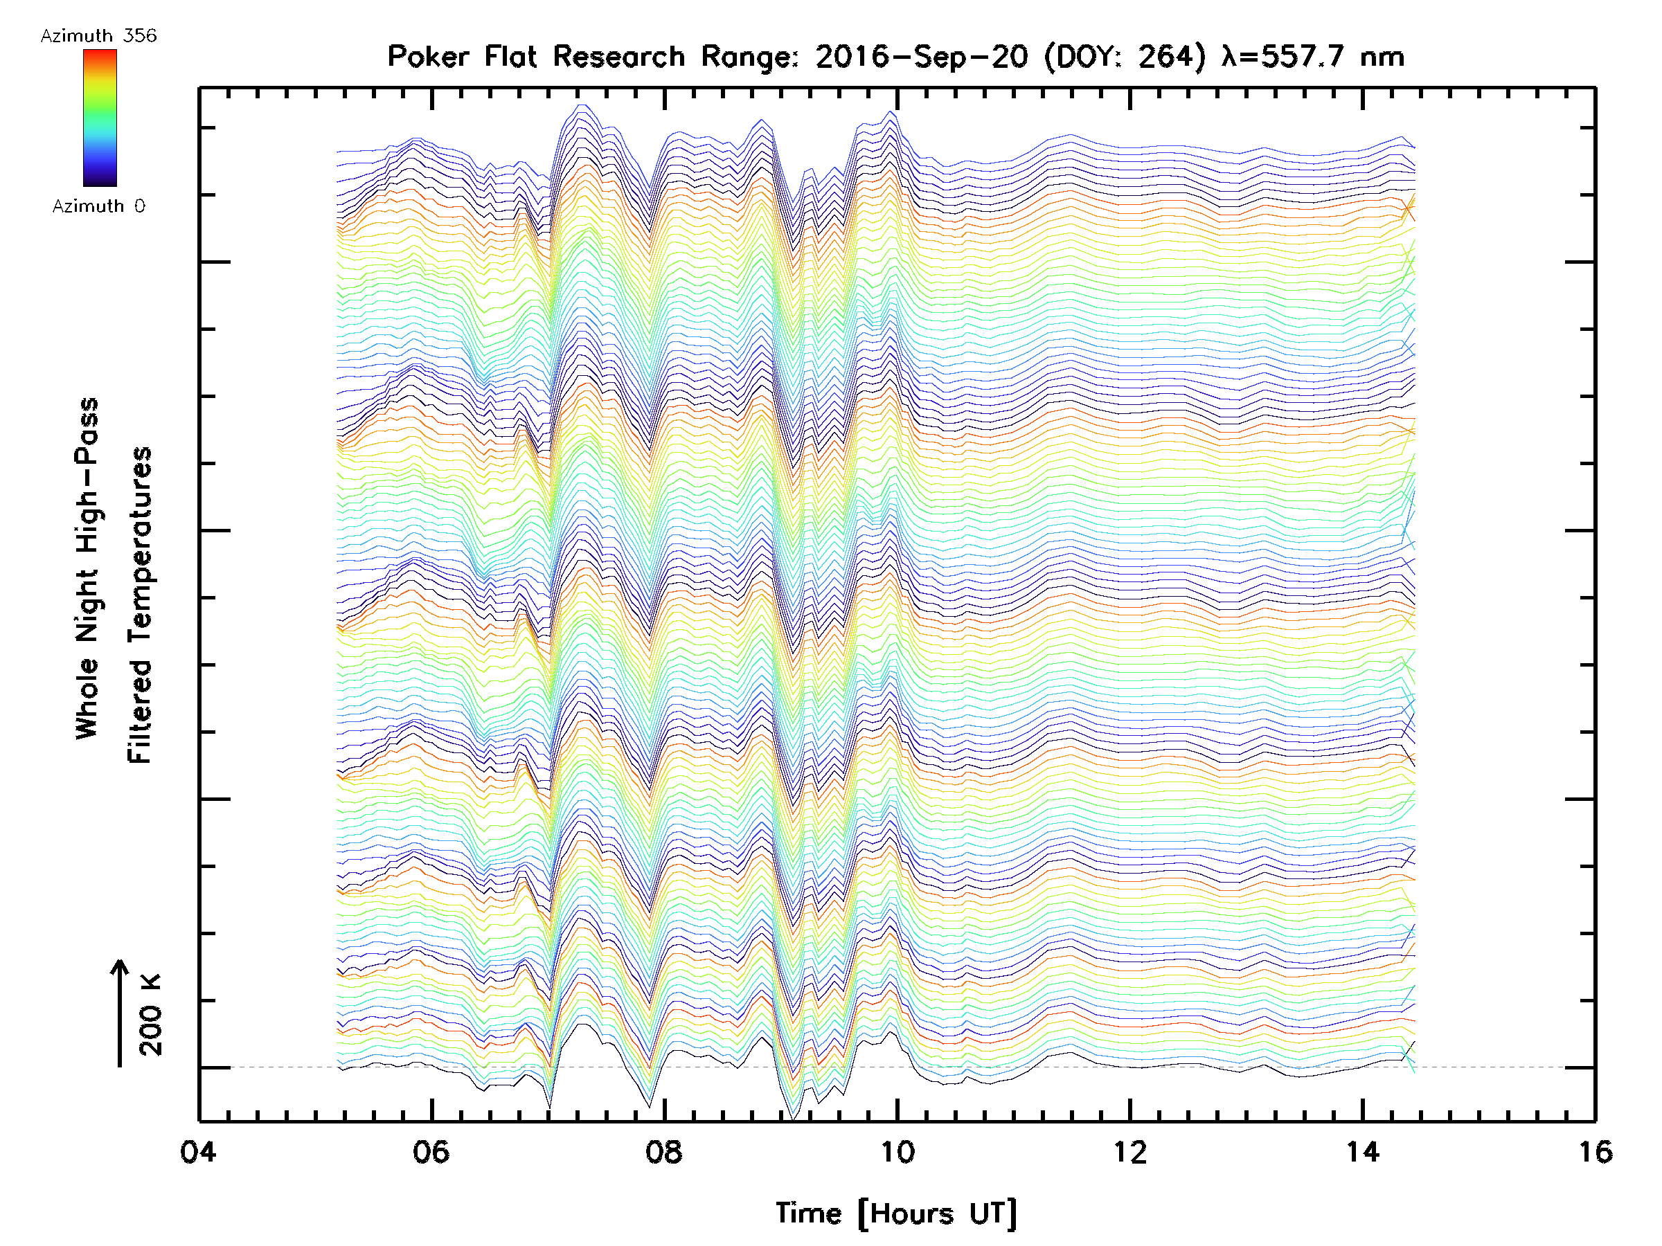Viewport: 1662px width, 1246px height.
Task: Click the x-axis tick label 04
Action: [x=198, y=1152]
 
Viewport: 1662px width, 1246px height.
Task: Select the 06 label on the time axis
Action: [x=431, y=1152]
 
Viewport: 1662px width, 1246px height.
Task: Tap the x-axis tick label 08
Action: [x=664, y=1152]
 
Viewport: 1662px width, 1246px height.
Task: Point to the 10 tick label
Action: [x=897, y=1152]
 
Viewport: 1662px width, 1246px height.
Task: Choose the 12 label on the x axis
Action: [x=1130, y=1152]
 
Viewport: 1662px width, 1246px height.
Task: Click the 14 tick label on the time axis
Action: [x=1363, y=1152]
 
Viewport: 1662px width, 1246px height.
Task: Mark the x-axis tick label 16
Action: [x=1595, y=1152]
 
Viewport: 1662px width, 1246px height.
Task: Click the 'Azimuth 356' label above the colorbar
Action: [x=98, y=36]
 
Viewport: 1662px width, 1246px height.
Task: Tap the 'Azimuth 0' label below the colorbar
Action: [x=98, y=206]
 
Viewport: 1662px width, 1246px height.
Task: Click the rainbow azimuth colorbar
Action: [x=100, y=118]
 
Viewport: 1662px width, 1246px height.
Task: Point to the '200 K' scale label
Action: [x=151, y=1015]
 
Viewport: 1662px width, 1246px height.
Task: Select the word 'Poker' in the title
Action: [x=424, y=57]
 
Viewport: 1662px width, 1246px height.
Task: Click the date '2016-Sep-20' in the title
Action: [x=921, y=57]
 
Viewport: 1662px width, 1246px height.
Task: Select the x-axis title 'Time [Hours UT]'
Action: [x=896, y=1213]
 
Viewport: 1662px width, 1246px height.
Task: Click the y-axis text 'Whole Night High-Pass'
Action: [x=87, y=568]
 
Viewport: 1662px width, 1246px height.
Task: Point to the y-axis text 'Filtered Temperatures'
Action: [x=140, y=606]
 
